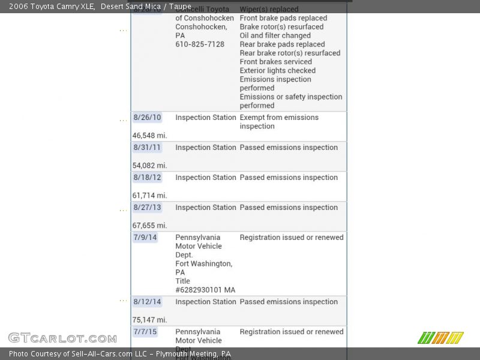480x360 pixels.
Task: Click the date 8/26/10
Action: (147, 118)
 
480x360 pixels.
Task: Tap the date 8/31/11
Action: (147, 148)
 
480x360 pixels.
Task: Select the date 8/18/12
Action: (147, 178)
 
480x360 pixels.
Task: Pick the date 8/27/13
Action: (147, 208)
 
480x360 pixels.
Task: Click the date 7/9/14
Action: (145, 238)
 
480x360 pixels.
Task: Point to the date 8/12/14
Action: (147, 302)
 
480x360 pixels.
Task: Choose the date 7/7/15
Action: (145, 332)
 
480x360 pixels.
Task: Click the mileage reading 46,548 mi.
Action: (150, 136)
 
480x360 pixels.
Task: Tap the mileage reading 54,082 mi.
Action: (150, 166)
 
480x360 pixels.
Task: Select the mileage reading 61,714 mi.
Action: (150, 196)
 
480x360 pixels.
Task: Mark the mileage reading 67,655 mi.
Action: (150, 226)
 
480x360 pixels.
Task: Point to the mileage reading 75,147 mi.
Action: (150, 320)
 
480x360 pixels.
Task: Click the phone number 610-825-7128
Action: (200, 44)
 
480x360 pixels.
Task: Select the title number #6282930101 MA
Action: (205, 290)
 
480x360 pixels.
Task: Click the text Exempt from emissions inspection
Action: (279, 122)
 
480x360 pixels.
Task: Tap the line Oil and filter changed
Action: (275, 35)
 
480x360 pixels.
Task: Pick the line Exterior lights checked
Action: (278, 70)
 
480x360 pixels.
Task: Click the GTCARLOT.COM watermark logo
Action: (62, 338)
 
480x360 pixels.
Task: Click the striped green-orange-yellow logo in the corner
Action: (440, 338)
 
